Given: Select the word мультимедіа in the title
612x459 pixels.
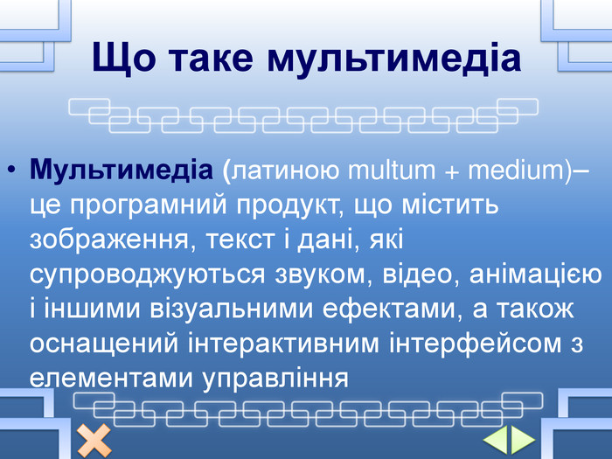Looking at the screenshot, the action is [394, 59].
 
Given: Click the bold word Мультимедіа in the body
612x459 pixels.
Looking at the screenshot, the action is [121, 170].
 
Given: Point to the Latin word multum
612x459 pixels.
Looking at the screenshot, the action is [391, 170].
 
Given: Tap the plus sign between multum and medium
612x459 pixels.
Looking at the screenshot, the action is [452, 172].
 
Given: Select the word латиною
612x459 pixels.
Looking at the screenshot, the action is [285, 171].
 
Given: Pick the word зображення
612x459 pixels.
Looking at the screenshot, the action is [109, 240].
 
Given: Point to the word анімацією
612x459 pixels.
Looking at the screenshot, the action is [535, 273].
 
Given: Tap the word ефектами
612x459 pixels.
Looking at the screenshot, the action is [390, 309].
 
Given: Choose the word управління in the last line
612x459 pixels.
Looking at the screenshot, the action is [275, 379].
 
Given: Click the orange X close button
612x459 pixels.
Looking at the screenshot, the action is [94, 441].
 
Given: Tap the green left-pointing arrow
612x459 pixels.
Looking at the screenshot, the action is [496, 441].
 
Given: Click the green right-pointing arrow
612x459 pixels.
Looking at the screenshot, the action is [523, 441].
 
